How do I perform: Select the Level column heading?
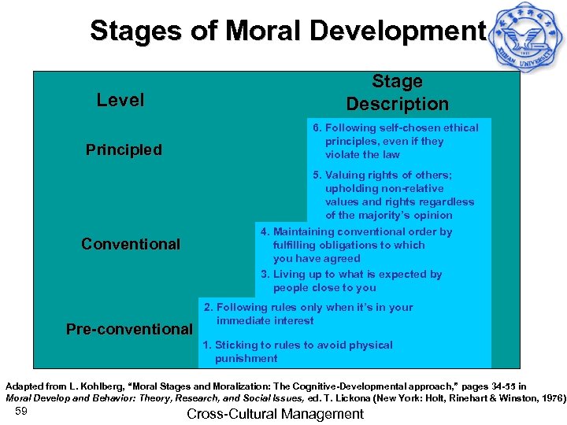pyautogui.click(x=120, y=100)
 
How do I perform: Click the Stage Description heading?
pyautogui.click(x=397, y=93)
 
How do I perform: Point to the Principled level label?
pyautogui.click(x=124, y=150)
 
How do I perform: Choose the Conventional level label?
pyautogui.click(x=131, y=244)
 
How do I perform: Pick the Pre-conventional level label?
pyautogui.click(x=129, y=329)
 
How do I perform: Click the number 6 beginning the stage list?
pyautogui.click(x=316, y=128)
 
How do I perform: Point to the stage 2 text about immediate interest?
pyautogui.click(x=308, y=314)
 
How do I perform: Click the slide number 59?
pyautogui.click(x=21, y=412)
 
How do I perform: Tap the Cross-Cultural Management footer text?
pyautogui.click(x=275, y=413)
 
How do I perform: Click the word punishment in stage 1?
pyautogui.click(x=246, y=359)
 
